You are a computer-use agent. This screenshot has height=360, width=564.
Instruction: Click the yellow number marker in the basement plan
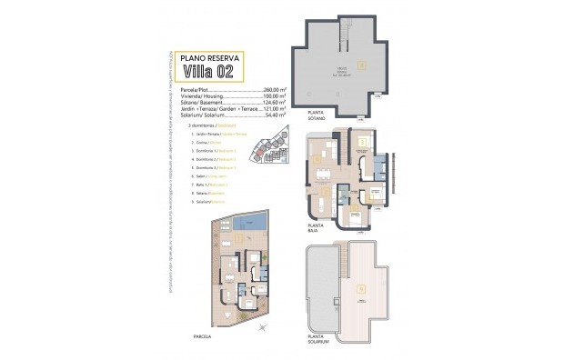[x=361, y=65]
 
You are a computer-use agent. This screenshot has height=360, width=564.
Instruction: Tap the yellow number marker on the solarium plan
[x=361, y=290]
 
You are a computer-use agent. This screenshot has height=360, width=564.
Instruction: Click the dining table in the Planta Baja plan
[x=320, y=171]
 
